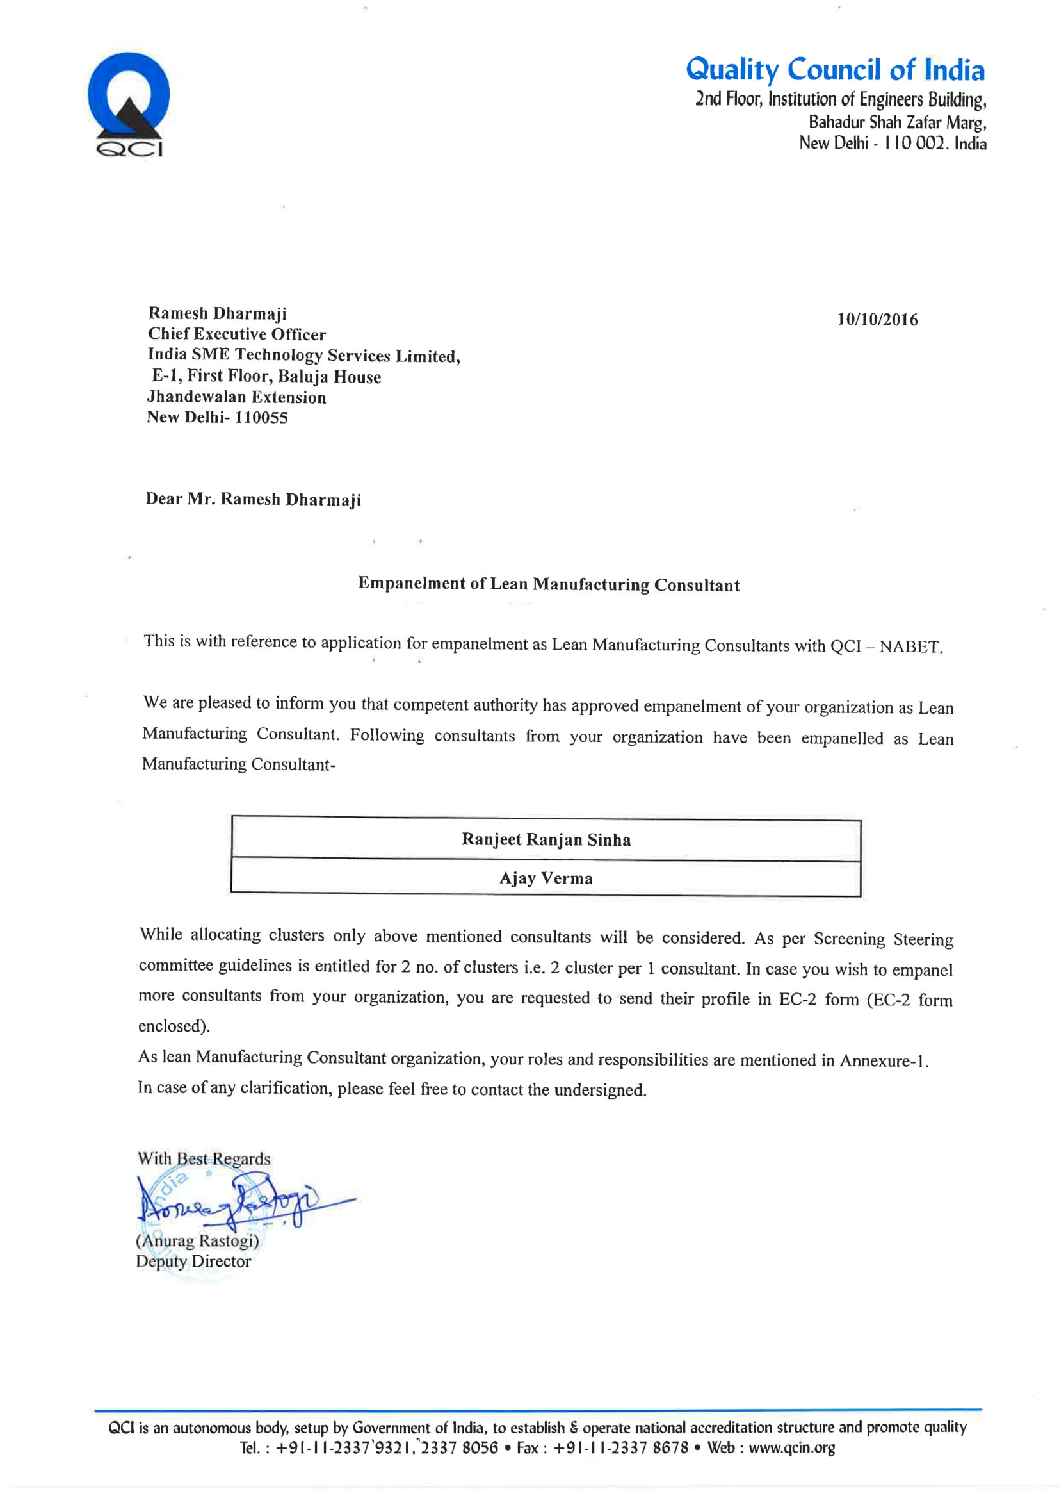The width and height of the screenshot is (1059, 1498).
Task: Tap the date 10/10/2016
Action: [x=877, y=320]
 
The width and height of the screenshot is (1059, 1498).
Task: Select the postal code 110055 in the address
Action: [x=261, y=418]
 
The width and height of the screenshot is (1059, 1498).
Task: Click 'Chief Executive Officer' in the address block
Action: [x=237, y=334]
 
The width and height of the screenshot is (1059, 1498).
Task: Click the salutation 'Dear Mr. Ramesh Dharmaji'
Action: [x=253, y=499]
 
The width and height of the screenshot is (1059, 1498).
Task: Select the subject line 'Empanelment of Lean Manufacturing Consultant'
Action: [x=549, y=584]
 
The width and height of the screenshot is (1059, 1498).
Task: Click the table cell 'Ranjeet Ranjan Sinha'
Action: [x=546, y=840]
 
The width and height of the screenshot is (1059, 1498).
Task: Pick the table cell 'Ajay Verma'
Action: [x=546, y=878]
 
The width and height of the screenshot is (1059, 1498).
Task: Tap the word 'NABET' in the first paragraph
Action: [x=910, y=646]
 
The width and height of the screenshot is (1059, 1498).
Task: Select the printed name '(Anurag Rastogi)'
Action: [x=197, y=1240]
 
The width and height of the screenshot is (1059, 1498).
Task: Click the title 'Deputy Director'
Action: [x=193, y=1261]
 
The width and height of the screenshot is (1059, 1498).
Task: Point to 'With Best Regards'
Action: [x=204, y=1158]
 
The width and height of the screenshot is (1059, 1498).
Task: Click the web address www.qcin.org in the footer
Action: [x=791, y=1448]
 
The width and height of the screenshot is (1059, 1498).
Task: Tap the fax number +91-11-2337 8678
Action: [x=620, y=1448]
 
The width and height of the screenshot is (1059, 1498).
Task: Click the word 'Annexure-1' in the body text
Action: [x=882, y=1060]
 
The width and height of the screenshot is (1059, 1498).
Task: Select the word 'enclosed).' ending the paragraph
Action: [x=174, y=1026]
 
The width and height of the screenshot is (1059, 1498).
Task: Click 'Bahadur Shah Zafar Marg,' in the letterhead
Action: [x=897, y=122]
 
